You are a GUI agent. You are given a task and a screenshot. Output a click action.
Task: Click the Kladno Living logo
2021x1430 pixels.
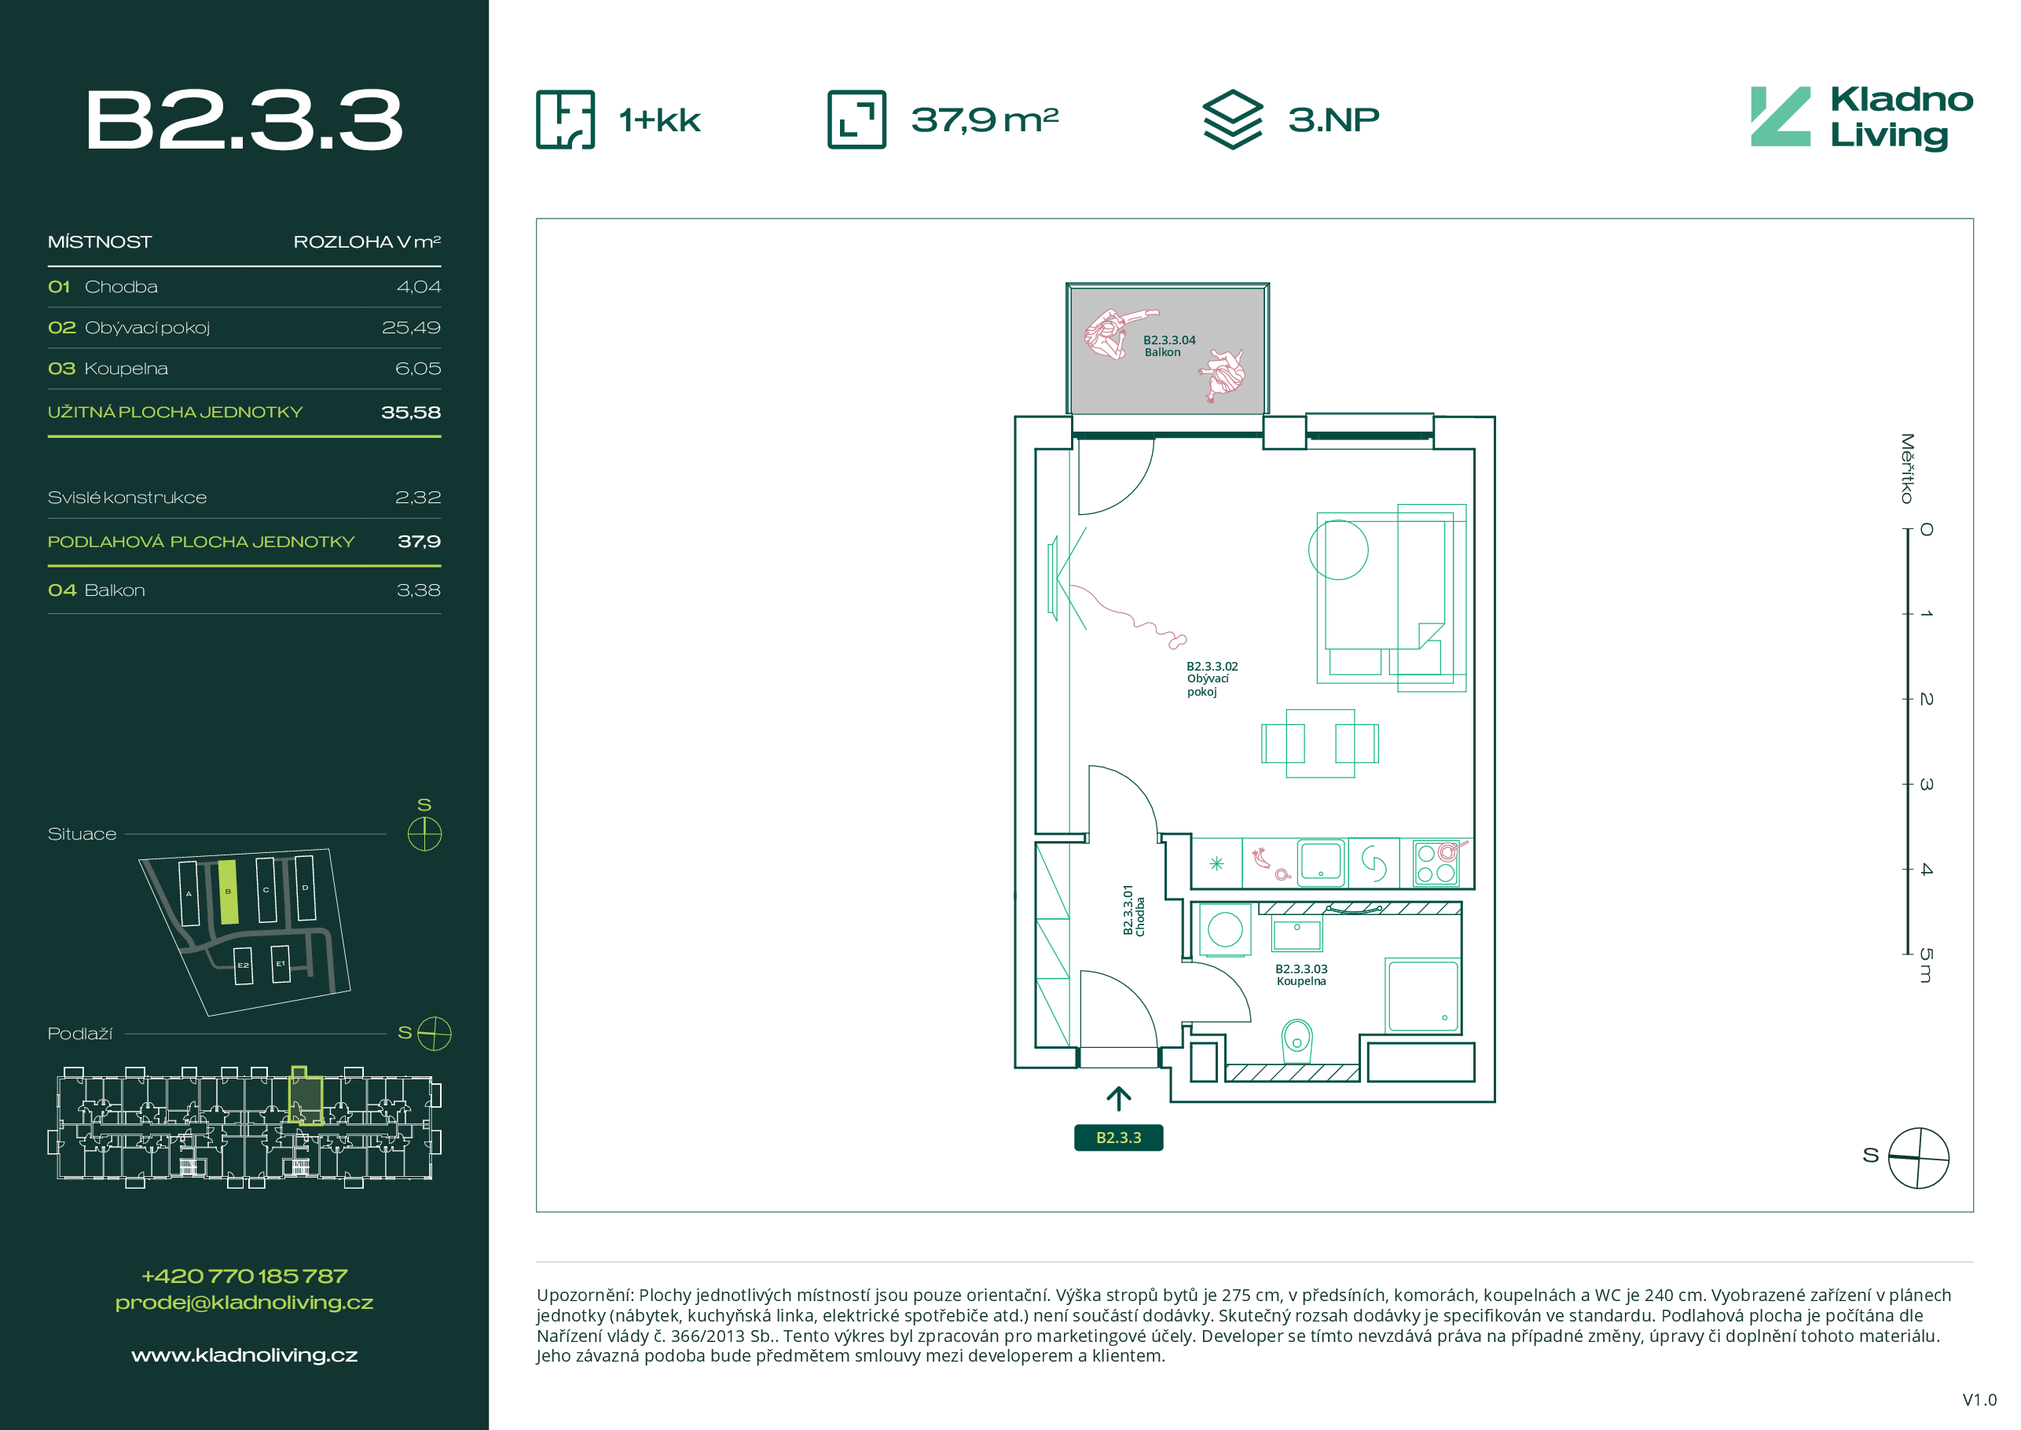pyautogui.click(x=1861, y=118)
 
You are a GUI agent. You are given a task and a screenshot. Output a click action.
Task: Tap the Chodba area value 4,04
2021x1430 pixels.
pyautogui.click(x=419, y=287)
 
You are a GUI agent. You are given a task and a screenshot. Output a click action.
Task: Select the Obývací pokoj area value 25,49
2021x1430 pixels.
pyautogui.click(x=411, y=328)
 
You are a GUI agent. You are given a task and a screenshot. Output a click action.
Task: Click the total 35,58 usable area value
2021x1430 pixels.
pyautogui.click(x=411, y=412)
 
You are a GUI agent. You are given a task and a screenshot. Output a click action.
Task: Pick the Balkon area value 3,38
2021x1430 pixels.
pyautogui.click(x=419, y=590)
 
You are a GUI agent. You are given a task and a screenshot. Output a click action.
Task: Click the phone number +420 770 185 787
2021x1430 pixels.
pyautogui.click(x=244, y=1276)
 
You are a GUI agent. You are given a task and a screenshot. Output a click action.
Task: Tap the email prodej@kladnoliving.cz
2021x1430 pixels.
pyautogui.click(x=244, y=1303)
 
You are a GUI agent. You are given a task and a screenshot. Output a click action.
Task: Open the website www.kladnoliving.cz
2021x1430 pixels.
pyautogui.click(x=244, y=1355)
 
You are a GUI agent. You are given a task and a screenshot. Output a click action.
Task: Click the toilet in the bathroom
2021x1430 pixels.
pyautogui.click(x=1297, y=1041)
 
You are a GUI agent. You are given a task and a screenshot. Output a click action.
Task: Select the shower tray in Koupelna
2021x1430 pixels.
pyautogui.click(x=1422, y=995)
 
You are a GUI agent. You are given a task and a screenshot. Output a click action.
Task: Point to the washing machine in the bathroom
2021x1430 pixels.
pyautogui.click(x=1224, y=929)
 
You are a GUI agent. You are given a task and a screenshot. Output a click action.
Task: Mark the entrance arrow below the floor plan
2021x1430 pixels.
pyautogui.click(x=1118, y=1098)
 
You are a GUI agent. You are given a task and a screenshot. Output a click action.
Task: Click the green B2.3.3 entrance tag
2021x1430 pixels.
pyautogui.click(x=1118, y=1138)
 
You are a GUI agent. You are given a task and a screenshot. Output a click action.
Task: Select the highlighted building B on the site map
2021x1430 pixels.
pyautogui.click(x=228, y=892)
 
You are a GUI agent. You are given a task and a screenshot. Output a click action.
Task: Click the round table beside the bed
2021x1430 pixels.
pyautogui.click(x=1338, y=550)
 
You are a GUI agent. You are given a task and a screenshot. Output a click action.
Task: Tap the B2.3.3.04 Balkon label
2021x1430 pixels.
pyautogui.click(x=1169, y=346)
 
